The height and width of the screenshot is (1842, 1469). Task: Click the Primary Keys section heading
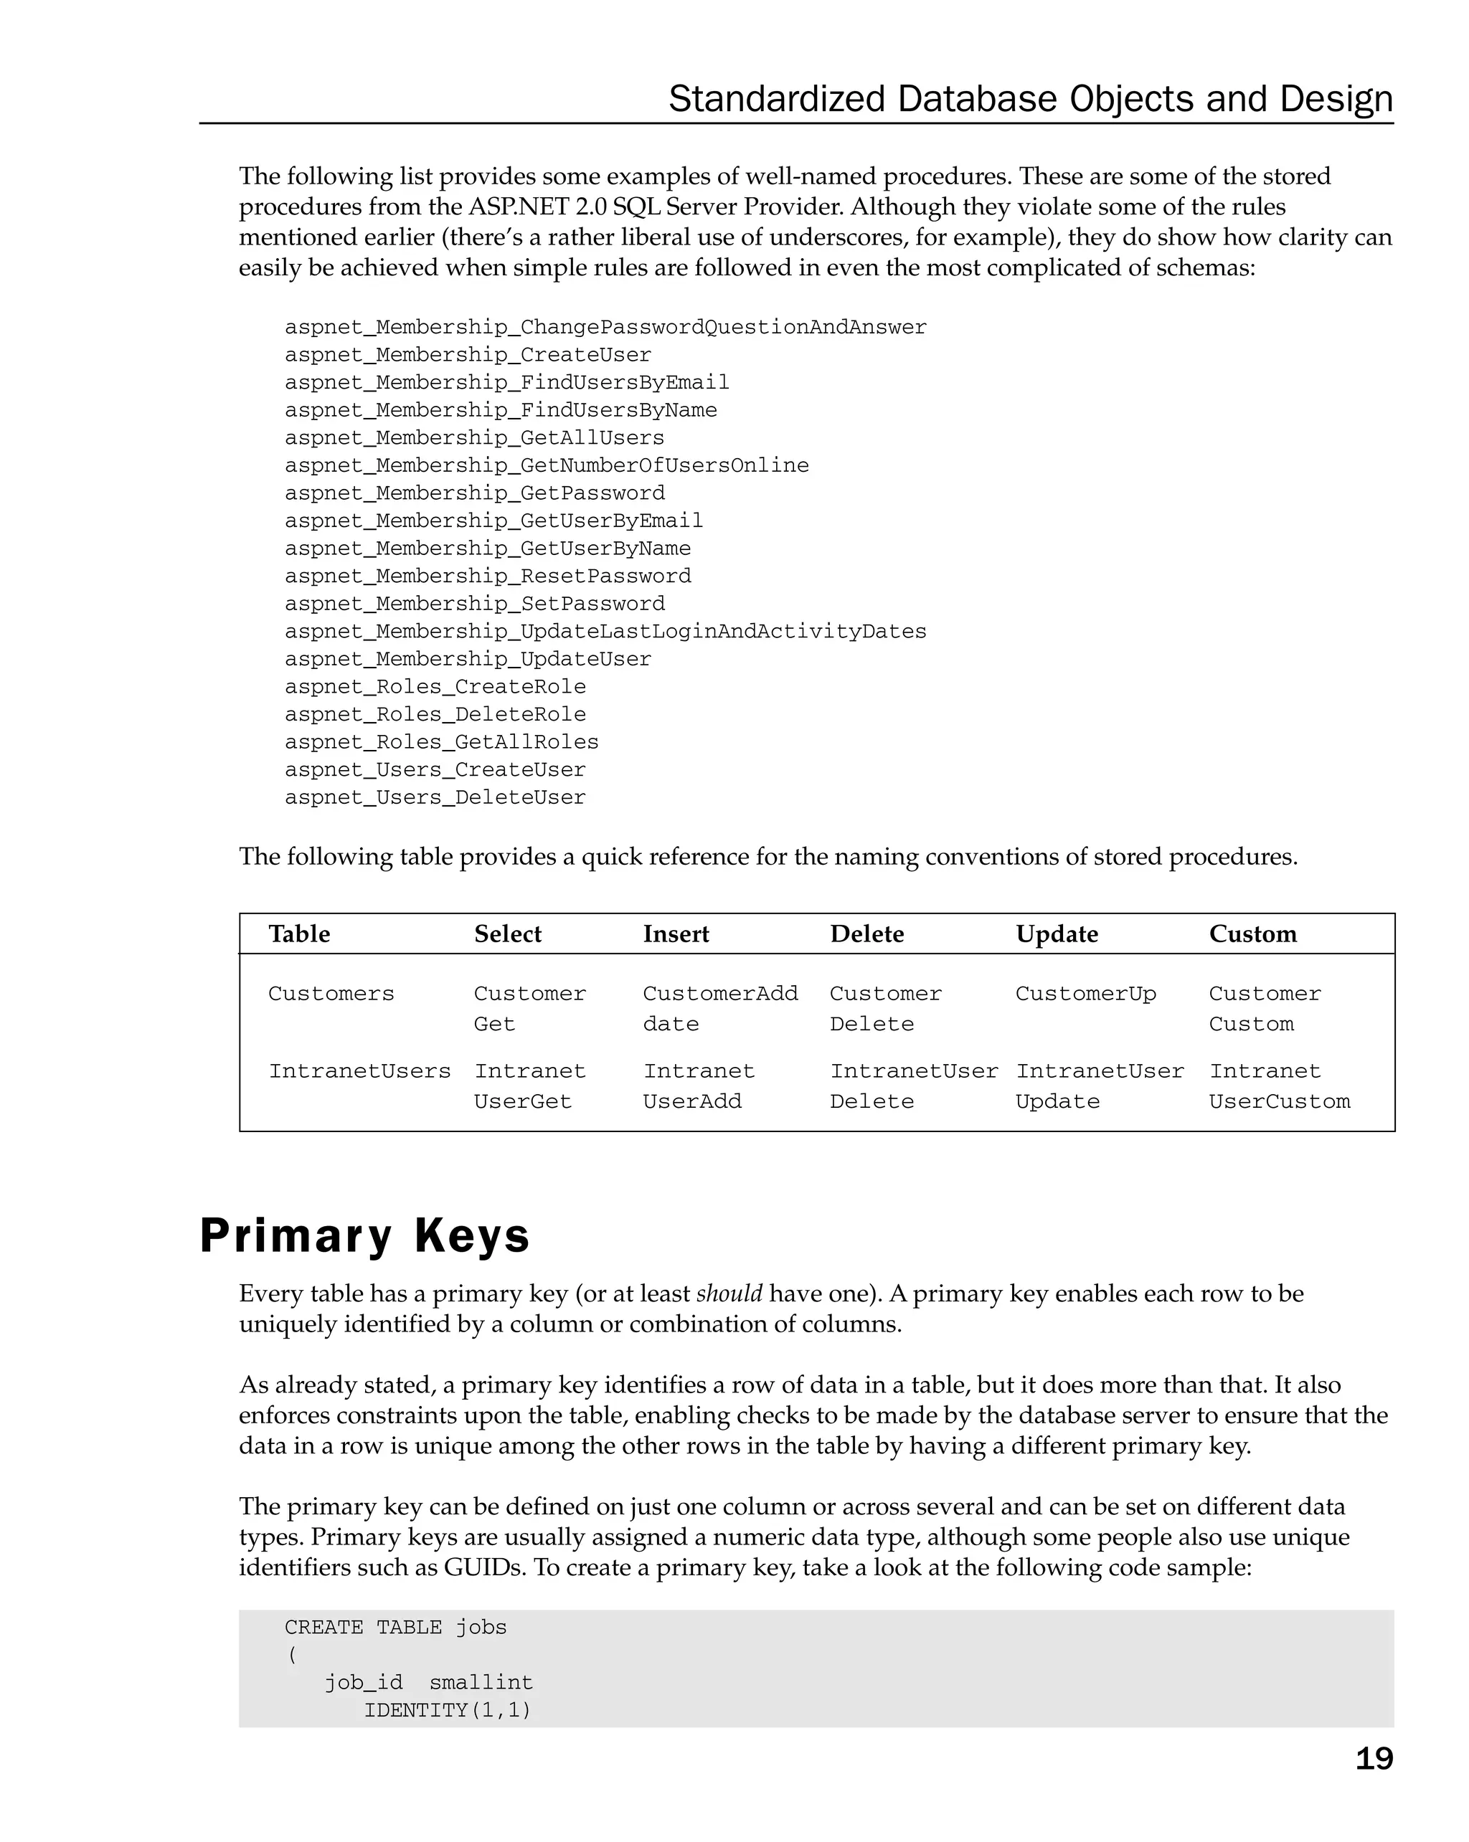[x=364, y=1235]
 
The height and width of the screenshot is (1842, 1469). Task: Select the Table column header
[x=299, y=934]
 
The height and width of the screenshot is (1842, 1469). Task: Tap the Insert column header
[x=675, y=934]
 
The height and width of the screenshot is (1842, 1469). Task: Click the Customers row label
[x=331, y=994]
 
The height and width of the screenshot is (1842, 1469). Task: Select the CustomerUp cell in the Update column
[x=1085, y=994]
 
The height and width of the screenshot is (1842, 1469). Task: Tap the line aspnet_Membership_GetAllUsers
[x=473, y=438]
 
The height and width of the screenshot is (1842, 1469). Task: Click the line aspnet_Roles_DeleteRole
[x=435, y=714]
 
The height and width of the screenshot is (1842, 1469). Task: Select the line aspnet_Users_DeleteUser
[x=435, y=797]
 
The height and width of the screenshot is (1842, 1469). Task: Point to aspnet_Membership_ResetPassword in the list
[x=487, y=576]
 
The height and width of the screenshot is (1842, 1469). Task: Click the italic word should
[x=729, y=1293]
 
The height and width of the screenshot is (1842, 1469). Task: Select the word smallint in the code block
[x=481, y=1683]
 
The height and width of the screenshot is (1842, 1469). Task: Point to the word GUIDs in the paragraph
[x=483, y=1568]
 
